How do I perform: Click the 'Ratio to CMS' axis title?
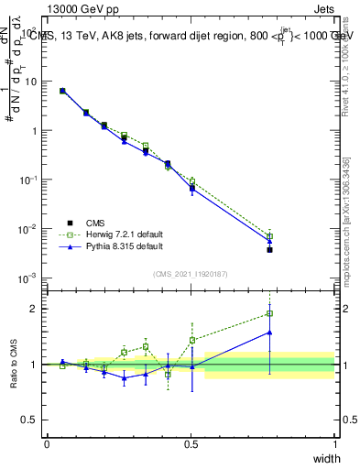click(x=14, y=365)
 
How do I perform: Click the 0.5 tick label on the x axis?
click(x=191, y=444)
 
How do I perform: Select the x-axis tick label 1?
click(x=335, y=444)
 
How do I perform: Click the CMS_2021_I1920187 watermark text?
click(x=191, y=274)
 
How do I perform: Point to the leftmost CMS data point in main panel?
click(x=62, y=91)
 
